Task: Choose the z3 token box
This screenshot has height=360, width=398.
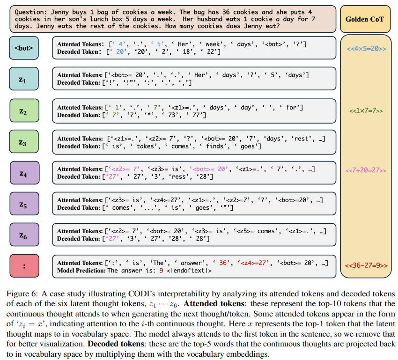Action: pos(23,142)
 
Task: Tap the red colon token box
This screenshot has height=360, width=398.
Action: pos(23,266)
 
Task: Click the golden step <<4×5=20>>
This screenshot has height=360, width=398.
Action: pos(366,48)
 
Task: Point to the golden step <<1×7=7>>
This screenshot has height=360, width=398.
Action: pos(366,111)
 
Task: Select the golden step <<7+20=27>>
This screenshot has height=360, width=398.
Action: pos(366,170)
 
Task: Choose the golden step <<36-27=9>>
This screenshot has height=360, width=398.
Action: pos(366,265)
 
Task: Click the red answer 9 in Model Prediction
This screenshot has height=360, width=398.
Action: pos(161,270)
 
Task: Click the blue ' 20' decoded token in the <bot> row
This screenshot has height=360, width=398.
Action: pos(120,51)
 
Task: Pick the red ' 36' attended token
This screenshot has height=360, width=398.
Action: pos(221,263)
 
